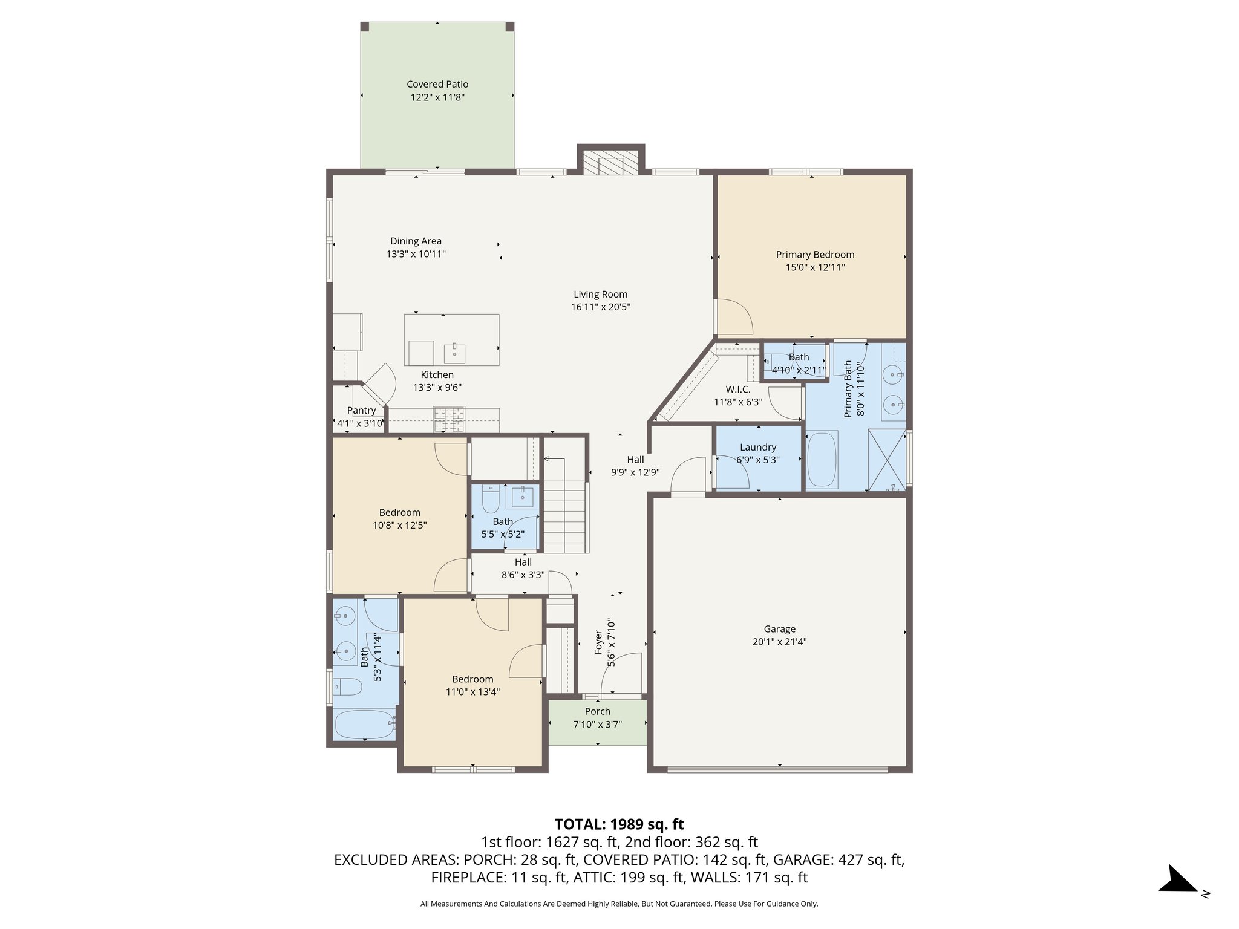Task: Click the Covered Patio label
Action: [437, 85]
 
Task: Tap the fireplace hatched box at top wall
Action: [610, 163]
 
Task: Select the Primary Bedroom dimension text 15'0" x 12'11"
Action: [814, 267]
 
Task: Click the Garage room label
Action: [779, 629]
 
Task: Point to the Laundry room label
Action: [757, 447]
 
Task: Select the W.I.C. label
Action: [737, 389]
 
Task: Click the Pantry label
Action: [361, 410]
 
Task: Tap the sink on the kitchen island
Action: [454, 352]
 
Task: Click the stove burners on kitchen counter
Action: [448, 420]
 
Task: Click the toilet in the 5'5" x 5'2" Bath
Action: [489, 501]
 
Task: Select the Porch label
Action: [597, 711]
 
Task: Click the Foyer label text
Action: [598, 642]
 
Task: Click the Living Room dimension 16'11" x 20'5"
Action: [600, 307]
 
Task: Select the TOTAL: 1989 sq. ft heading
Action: [619, 824]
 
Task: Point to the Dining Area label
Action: [416, 241]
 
